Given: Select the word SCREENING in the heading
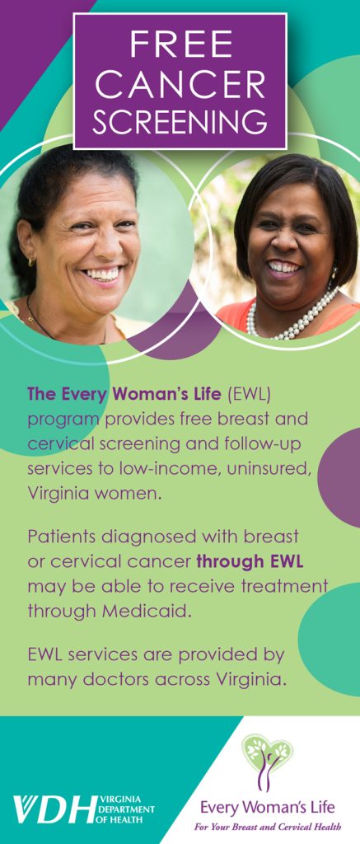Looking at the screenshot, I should pyautogui.click(x=180, y=122).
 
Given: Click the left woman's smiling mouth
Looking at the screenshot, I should pyautogui.click(x=102, y=274).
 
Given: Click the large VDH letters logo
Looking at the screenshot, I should pyautogui.click(x=54, y=809).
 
